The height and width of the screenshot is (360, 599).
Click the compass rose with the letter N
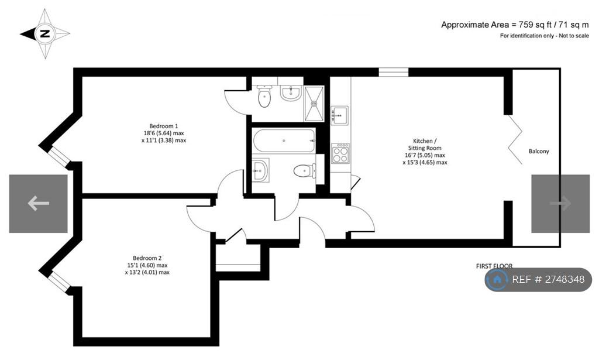point(45,33)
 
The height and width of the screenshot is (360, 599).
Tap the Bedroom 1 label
point(164,133)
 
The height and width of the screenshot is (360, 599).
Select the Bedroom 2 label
point(147,265)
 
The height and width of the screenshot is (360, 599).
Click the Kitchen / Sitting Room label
point(425,152)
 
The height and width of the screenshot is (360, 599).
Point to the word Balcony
point(539,152)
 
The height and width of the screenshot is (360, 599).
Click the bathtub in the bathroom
point(284,140)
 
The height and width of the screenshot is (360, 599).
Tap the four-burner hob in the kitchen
point(340,153)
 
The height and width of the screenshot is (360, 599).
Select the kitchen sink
point(340,115)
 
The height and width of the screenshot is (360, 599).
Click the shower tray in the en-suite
point(314,104)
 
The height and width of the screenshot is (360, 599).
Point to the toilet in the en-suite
point(264,96)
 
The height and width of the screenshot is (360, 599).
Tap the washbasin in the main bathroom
point(260,170)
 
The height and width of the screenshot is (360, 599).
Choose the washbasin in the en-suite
point(291,93)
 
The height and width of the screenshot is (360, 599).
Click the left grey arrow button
point(38,204)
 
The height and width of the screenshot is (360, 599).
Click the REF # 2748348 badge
point(538,279)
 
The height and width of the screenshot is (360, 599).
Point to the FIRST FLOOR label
point(494,266)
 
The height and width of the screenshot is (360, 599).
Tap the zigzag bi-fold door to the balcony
point(515,139)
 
